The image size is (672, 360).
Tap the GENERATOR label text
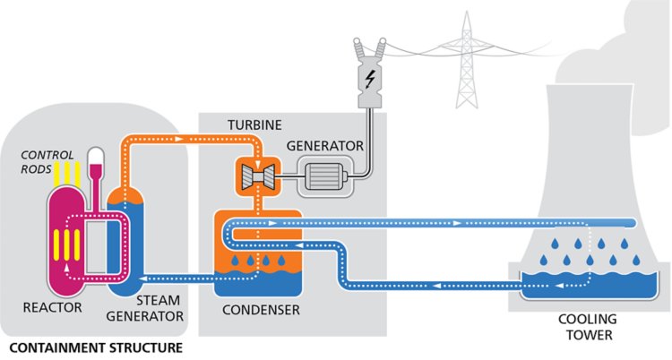tap(324, 145)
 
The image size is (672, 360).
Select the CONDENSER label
tap(261, 311)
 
